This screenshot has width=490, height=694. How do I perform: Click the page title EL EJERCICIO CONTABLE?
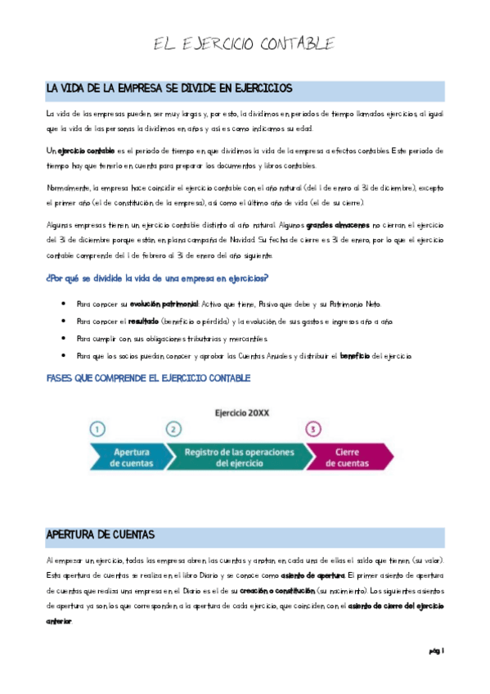[245, 43]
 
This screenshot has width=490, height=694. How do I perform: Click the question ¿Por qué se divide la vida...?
[157, 279]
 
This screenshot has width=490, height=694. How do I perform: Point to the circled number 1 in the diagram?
[97, 429]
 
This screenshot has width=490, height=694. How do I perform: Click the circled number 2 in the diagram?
[173, 429]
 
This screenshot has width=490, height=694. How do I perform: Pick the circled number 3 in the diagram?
[312, 429]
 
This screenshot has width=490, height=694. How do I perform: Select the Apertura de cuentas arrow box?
[127, 457]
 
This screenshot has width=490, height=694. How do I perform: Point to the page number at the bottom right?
[435, 651]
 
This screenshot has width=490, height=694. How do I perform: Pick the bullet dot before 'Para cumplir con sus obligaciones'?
[65, 339]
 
